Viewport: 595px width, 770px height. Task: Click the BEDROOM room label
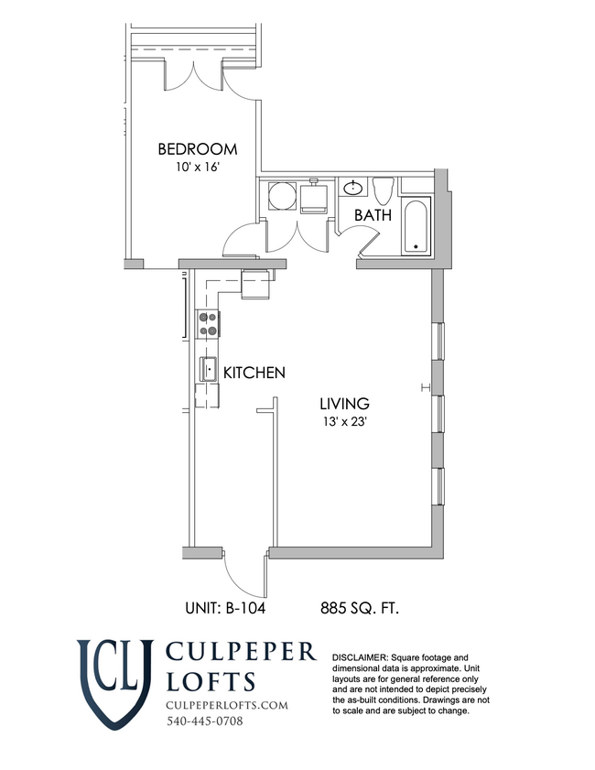[198, 149]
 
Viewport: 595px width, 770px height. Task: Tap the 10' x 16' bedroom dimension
[197, 167]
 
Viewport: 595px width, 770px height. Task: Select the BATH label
[373, 215]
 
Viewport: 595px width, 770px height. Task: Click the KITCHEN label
[254, 373]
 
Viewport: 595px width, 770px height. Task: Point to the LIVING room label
[344, 404]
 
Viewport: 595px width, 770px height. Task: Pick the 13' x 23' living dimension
[344, 421]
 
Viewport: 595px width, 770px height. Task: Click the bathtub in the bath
[416, 226]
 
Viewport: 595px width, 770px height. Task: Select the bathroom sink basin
[353, 187]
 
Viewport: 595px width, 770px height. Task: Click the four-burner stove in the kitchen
[208, 324]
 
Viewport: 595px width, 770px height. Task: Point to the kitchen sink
[208, 369]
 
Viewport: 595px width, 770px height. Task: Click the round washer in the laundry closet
[282, 197]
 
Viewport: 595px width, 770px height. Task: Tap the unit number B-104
[225, 609]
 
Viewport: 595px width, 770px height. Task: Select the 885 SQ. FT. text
[360, 609]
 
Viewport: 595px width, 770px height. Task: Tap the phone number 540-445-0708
[205, 721]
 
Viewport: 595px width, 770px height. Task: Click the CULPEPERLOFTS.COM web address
[227, 705]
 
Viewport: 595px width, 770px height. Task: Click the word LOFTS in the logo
[211, 681]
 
